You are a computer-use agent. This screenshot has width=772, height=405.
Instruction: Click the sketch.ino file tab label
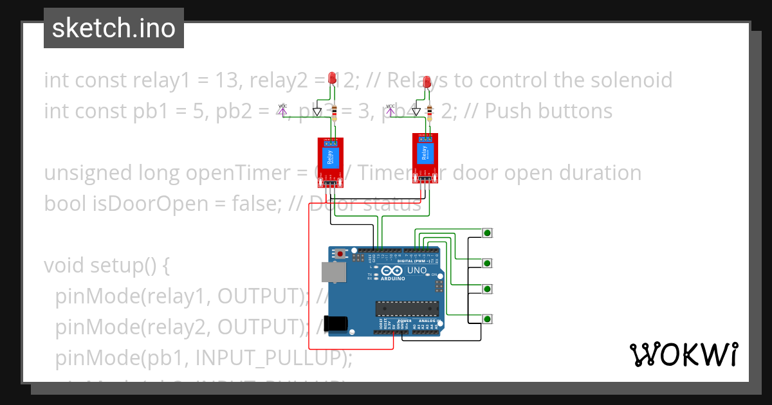[113, 28]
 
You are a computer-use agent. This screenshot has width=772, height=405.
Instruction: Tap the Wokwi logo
[683, 354]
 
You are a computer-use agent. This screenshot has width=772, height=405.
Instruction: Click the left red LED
[333, 78]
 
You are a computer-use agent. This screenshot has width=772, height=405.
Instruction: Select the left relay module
[329, 161]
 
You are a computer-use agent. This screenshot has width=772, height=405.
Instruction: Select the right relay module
[424, 157]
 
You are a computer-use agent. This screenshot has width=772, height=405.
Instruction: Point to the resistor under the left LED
[333, 113]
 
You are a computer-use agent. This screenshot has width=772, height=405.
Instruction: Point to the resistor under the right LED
[430, 113]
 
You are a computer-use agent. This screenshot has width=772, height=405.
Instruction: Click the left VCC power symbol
[282, 109]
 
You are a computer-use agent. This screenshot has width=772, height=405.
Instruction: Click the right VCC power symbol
[390, 109]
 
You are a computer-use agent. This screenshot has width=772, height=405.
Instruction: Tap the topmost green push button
[488, 233]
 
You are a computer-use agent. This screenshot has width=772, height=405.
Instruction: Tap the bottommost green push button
[488, 319]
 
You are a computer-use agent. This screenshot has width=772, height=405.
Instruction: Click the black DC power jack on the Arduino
[338, 323]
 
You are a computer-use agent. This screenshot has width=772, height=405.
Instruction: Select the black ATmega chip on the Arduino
[408, 309]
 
